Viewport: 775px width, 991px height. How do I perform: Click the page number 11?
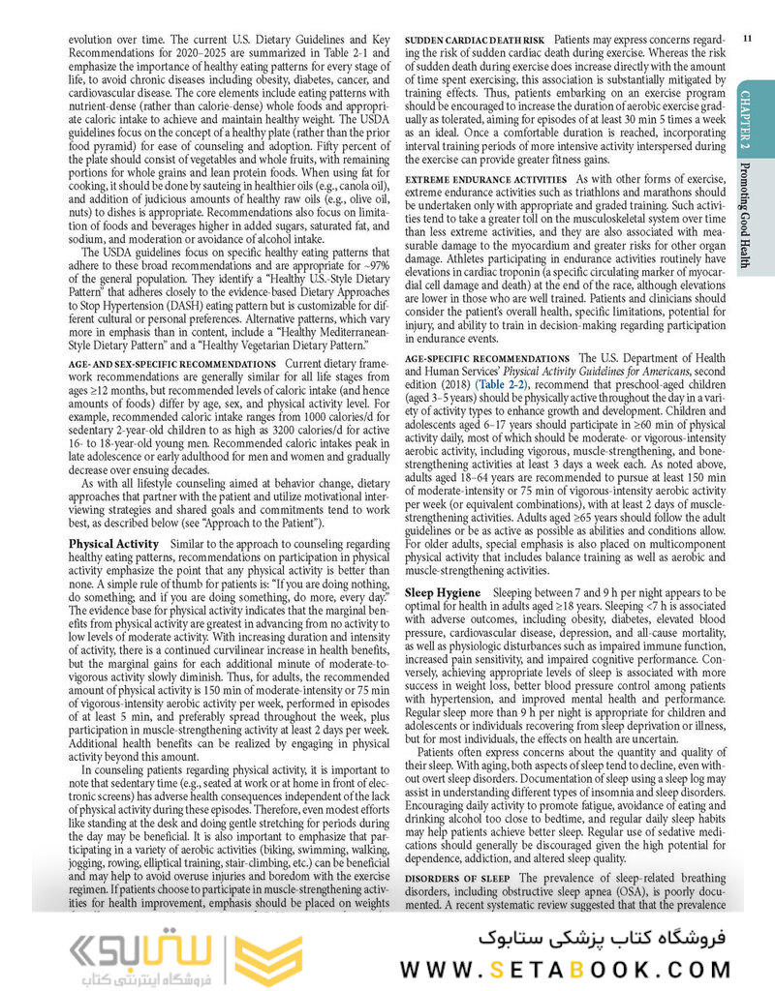pos(746,38)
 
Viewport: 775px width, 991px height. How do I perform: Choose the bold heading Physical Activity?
pos(114,544)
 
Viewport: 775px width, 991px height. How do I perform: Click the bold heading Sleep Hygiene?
pos(442,591)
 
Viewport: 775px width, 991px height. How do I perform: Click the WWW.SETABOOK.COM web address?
pos(576,970)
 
